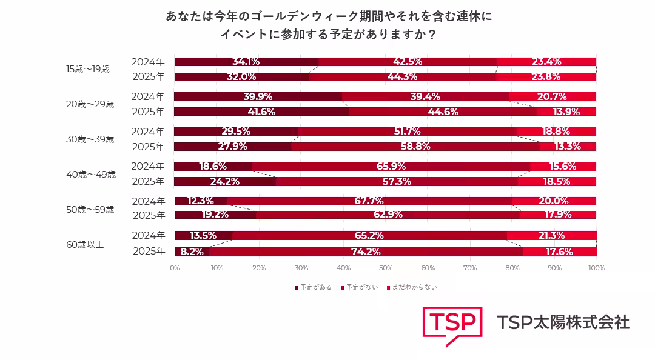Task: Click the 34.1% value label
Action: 246,61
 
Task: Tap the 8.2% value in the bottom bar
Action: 192,252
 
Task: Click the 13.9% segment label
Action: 566,112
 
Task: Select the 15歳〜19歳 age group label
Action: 87,69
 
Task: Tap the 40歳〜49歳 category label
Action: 90,175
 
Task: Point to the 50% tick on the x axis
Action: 386,268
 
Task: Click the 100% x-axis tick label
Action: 596,268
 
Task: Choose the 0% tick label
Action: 175,268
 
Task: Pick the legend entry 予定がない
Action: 361,287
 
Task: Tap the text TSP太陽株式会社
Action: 563,322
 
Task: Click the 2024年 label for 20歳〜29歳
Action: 148,96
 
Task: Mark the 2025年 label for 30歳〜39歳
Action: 148,146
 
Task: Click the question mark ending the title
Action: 431,35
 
